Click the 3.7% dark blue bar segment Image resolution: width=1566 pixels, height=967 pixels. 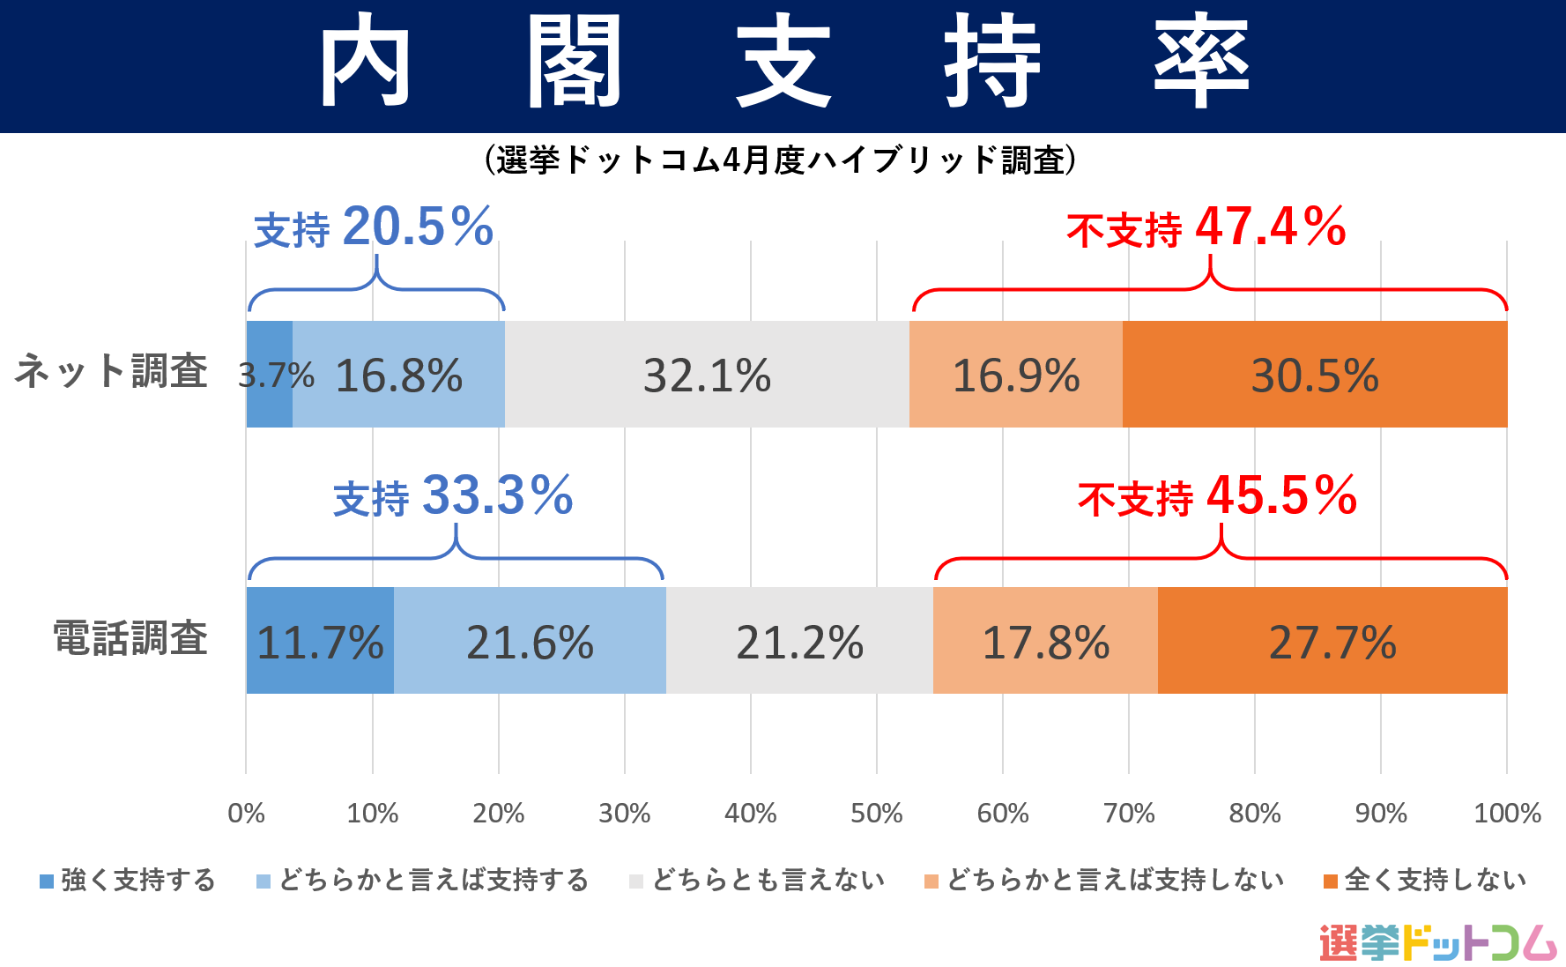(270, 374)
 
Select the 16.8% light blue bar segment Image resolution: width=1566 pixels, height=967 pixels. (399, 374)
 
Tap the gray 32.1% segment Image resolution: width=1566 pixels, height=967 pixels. (707, 374)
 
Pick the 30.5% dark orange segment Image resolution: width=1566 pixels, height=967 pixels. (1315, 374)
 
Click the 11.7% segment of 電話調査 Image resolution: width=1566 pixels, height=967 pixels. (320, 641)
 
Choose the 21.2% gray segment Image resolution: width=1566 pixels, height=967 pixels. (799, 641)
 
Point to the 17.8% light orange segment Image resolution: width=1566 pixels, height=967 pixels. (1045, 641)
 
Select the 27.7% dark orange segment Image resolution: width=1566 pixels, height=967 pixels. (1332, 641)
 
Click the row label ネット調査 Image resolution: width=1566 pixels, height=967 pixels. (111, 371)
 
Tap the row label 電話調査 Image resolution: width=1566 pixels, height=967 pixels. (130, 638)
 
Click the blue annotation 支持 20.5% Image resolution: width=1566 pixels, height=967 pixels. (374, 227)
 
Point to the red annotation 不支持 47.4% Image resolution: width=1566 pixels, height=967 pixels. (1206, 227)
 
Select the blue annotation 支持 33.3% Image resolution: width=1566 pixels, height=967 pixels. (453, 496)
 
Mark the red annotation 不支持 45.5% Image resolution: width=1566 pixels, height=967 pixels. (1217, 496)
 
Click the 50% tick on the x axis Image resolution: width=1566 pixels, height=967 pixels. (876, 813)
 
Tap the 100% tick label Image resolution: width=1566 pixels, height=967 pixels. (1507, 813)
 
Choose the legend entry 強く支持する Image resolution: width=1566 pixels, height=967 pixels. (129, 880)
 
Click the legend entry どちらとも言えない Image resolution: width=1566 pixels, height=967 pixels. (758, 880)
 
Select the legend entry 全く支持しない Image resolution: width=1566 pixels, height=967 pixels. (1425, 880)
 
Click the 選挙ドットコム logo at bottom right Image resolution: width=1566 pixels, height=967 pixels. (1437, 942)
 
